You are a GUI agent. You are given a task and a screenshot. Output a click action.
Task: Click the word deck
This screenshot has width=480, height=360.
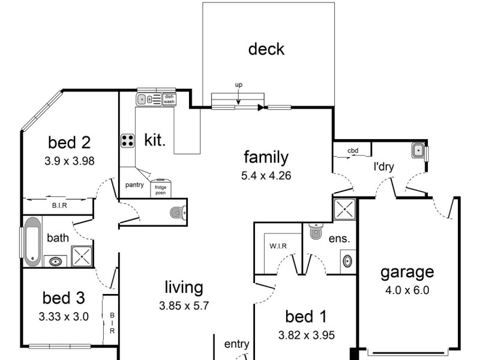[x=266, y=49]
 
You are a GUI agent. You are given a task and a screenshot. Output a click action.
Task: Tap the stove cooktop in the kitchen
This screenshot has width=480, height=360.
[x=128, y=140]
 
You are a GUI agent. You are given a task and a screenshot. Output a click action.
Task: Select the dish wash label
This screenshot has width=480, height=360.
[x=169, y=99]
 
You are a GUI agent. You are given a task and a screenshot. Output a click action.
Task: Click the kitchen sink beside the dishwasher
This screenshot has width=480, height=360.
[x=145, y=100]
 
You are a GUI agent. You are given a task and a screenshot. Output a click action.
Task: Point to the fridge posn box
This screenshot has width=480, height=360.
[x=161, y=188]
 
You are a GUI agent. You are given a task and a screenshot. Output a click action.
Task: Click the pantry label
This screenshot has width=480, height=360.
[x=134, y=185]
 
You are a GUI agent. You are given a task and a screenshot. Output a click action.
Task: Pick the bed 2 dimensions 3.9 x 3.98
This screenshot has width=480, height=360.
[x=70, y=161]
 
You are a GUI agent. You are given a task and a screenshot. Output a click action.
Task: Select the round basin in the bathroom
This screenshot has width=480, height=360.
[x=56, y=261]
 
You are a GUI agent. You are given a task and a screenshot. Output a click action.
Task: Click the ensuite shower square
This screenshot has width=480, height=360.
[x=345, y=209]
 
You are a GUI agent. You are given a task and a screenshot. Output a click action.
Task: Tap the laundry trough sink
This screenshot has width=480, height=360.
[x=419, y=150]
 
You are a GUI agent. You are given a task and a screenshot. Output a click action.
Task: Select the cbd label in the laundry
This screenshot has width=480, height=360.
[x=353, y=151]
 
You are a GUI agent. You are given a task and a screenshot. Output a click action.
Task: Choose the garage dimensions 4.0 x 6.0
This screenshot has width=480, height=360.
[x=407, y=290]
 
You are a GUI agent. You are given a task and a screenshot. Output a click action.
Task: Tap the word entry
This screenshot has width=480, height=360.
[x=236, y=344]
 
